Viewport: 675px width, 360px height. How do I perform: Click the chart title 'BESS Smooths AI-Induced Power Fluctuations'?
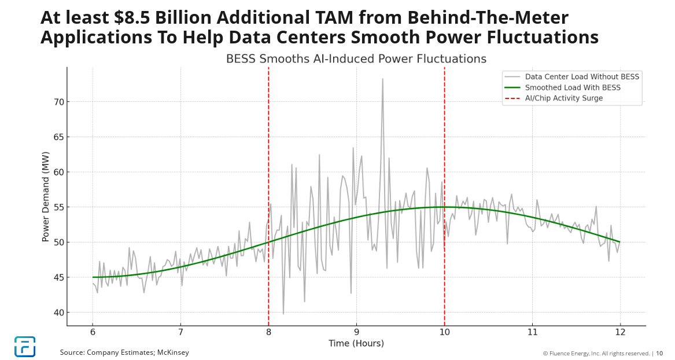356,59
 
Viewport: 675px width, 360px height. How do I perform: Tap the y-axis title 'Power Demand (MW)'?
46,196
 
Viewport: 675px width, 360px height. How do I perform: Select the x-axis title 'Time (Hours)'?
356,343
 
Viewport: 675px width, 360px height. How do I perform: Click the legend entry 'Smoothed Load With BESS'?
572,87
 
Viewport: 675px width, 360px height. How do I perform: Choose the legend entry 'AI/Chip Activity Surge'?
563,98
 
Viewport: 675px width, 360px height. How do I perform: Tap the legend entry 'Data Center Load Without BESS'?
582,76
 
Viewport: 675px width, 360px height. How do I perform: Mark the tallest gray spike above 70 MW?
382,79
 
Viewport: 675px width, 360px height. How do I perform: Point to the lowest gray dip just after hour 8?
283,313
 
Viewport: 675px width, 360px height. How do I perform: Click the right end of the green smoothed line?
619,242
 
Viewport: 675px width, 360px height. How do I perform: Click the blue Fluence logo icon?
25,346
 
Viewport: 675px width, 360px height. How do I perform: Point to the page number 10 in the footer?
659,353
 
